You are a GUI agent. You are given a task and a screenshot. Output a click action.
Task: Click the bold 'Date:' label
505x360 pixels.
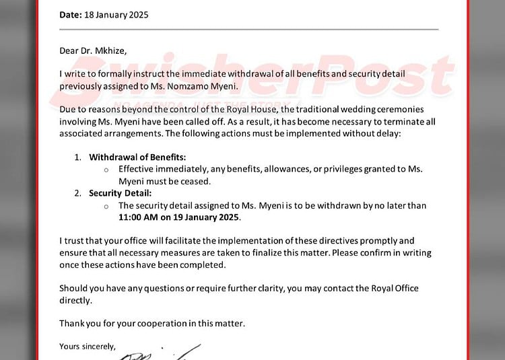tap(70, 15)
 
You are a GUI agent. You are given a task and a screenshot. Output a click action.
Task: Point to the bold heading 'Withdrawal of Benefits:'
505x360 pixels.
tap(137, 157)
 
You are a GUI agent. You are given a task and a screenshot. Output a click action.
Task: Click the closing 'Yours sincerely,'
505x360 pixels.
tap(88, 347)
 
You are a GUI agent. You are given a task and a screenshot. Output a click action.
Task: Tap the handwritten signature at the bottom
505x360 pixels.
tap(168, 353)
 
